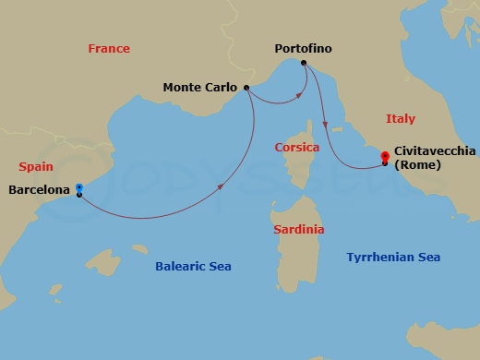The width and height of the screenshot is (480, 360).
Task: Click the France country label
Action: pos(108,48)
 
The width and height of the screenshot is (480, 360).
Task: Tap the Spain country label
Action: pos(36,167)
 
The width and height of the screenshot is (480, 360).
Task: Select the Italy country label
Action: pos(400,119)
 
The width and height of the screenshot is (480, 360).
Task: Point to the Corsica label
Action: pos(297,148)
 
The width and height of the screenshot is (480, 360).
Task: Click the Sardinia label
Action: pos(296,229)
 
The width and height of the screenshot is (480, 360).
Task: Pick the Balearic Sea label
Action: pos(193,267)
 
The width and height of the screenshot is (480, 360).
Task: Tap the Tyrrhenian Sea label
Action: pos(393,258)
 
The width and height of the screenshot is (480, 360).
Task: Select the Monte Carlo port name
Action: pos(200,88)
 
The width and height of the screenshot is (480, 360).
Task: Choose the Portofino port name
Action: pos(303,48)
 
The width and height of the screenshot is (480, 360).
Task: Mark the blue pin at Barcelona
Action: pos(79,186)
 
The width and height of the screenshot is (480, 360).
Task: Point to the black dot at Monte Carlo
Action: pos(246,88)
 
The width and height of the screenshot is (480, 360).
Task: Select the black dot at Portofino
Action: pos(304,63)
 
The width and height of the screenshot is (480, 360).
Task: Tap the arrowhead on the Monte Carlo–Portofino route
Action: pos(299,94)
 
